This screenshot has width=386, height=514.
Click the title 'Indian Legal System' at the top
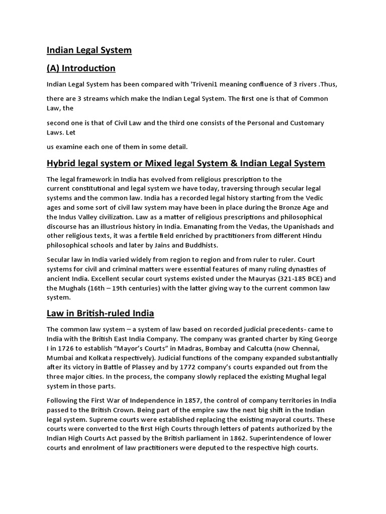[x=89, y=50]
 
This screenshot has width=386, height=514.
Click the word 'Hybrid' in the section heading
[x=62, y=163]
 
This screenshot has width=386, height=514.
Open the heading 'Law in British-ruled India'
[x=100, y=313]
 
